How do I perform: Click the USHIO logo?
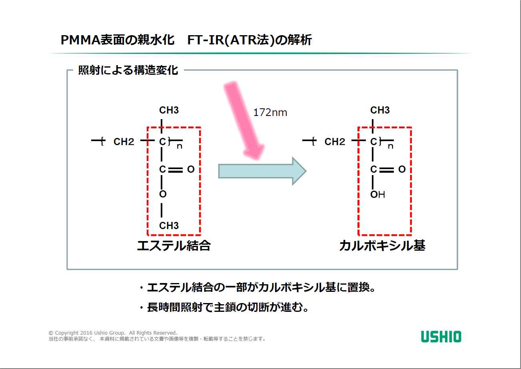(441, 337)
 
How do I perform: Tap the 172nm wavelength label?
(270, 112)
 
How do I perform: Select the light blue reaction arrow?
(262, 171)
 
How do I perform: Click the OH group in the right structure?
(377, 194)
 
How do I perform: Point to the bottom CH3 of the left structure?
(169, 225)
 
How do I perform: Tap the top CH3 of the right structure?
(380, 110)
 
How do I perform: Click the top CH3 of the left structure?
(169, 110)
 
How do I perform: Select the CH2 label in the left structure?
(124, 142)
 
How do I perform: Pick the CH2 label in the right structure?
(335, 142)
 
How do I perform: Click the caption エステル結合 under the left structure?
(174, 246)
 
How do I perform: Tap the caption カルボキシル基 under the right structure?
(382, 246)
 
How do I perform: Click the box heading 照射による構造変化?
(128, 70)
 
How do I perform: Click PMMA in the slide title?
(80, 40)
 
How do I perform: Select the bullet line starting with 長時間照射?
(225, 307)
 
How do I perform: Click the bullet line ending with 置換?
(257, 287)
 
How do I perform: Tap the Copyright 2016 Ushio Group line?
(113, 333)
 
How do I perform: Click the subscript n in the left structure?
(180, 146)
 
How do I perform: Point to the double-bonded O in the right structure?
(402, 169)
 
